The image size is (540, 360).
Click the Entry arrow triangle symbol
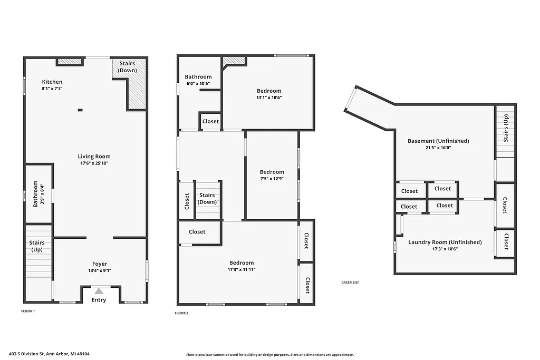(x=99, y=291)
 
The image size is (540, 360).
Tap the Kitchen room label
(x=52, y=82)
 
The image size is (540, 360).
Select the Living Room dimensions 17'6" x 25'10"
(x=94, y=163)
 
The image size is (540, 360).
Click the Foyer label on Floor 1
(x=100, y=264)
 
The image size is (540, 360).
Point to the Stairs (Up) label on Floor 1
(x=37, y=246)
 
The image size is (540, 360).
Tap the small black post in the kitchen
(x=80, y=110)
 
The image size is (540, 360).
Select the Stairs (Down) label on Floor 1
(x=127, y=67)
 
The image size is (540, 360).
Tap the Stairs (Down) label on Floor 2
(x=207, y=199)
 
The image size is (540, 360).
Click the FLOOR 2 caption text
(x=181, y=313)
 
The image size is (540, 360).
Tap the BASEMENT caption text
(x=350, y=283)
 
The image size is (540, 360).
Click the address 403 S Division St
(x=53, y=354)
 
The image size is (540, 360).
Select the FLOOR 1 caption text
(x=28, y=312)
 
